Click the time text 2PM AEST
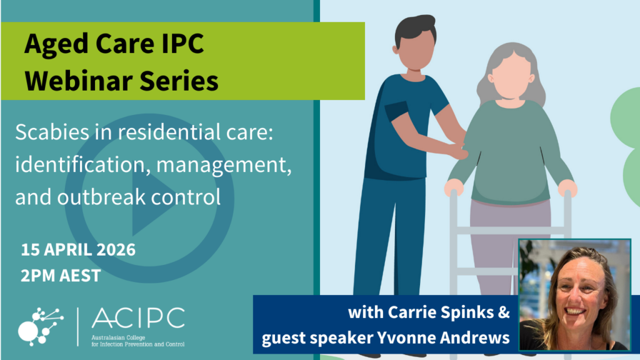(61, 276)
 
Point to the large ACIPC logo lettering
(138, 318)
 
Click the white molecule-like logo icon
(41, 327)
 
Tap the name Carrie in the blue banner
(406, 312)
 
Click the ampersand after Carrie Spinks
(504, 312)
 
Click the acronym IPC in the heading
(182, 44)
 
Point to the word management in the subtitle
(224, 166)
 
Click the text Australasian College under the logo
(118, 337)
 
